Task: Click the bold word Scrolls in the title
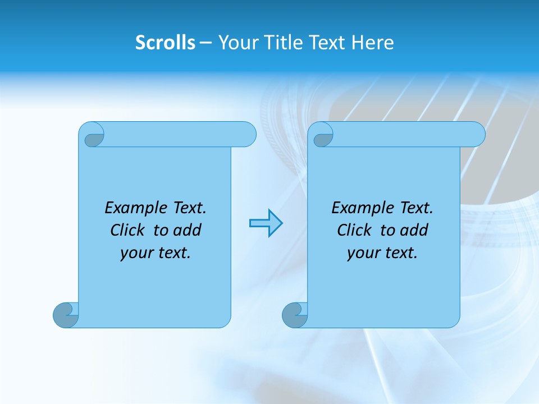coord(165,43)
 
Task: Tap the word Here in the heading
coord(373,43)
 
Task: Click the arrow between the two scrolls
coord(266,223)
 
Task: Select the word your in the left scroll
coord(135,253)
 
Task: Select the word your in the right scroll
coord(362,253)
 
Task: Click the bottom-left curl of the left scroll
coord(66,315)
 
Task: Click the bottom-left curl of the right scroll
coord(294,315)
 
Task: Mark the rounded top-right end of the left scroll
coord(247,134)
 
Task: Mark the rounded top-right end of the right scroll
coord(476,134)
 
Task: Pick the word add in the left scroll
coord(188,230)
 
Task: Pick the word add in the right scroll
coord(414,230)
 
